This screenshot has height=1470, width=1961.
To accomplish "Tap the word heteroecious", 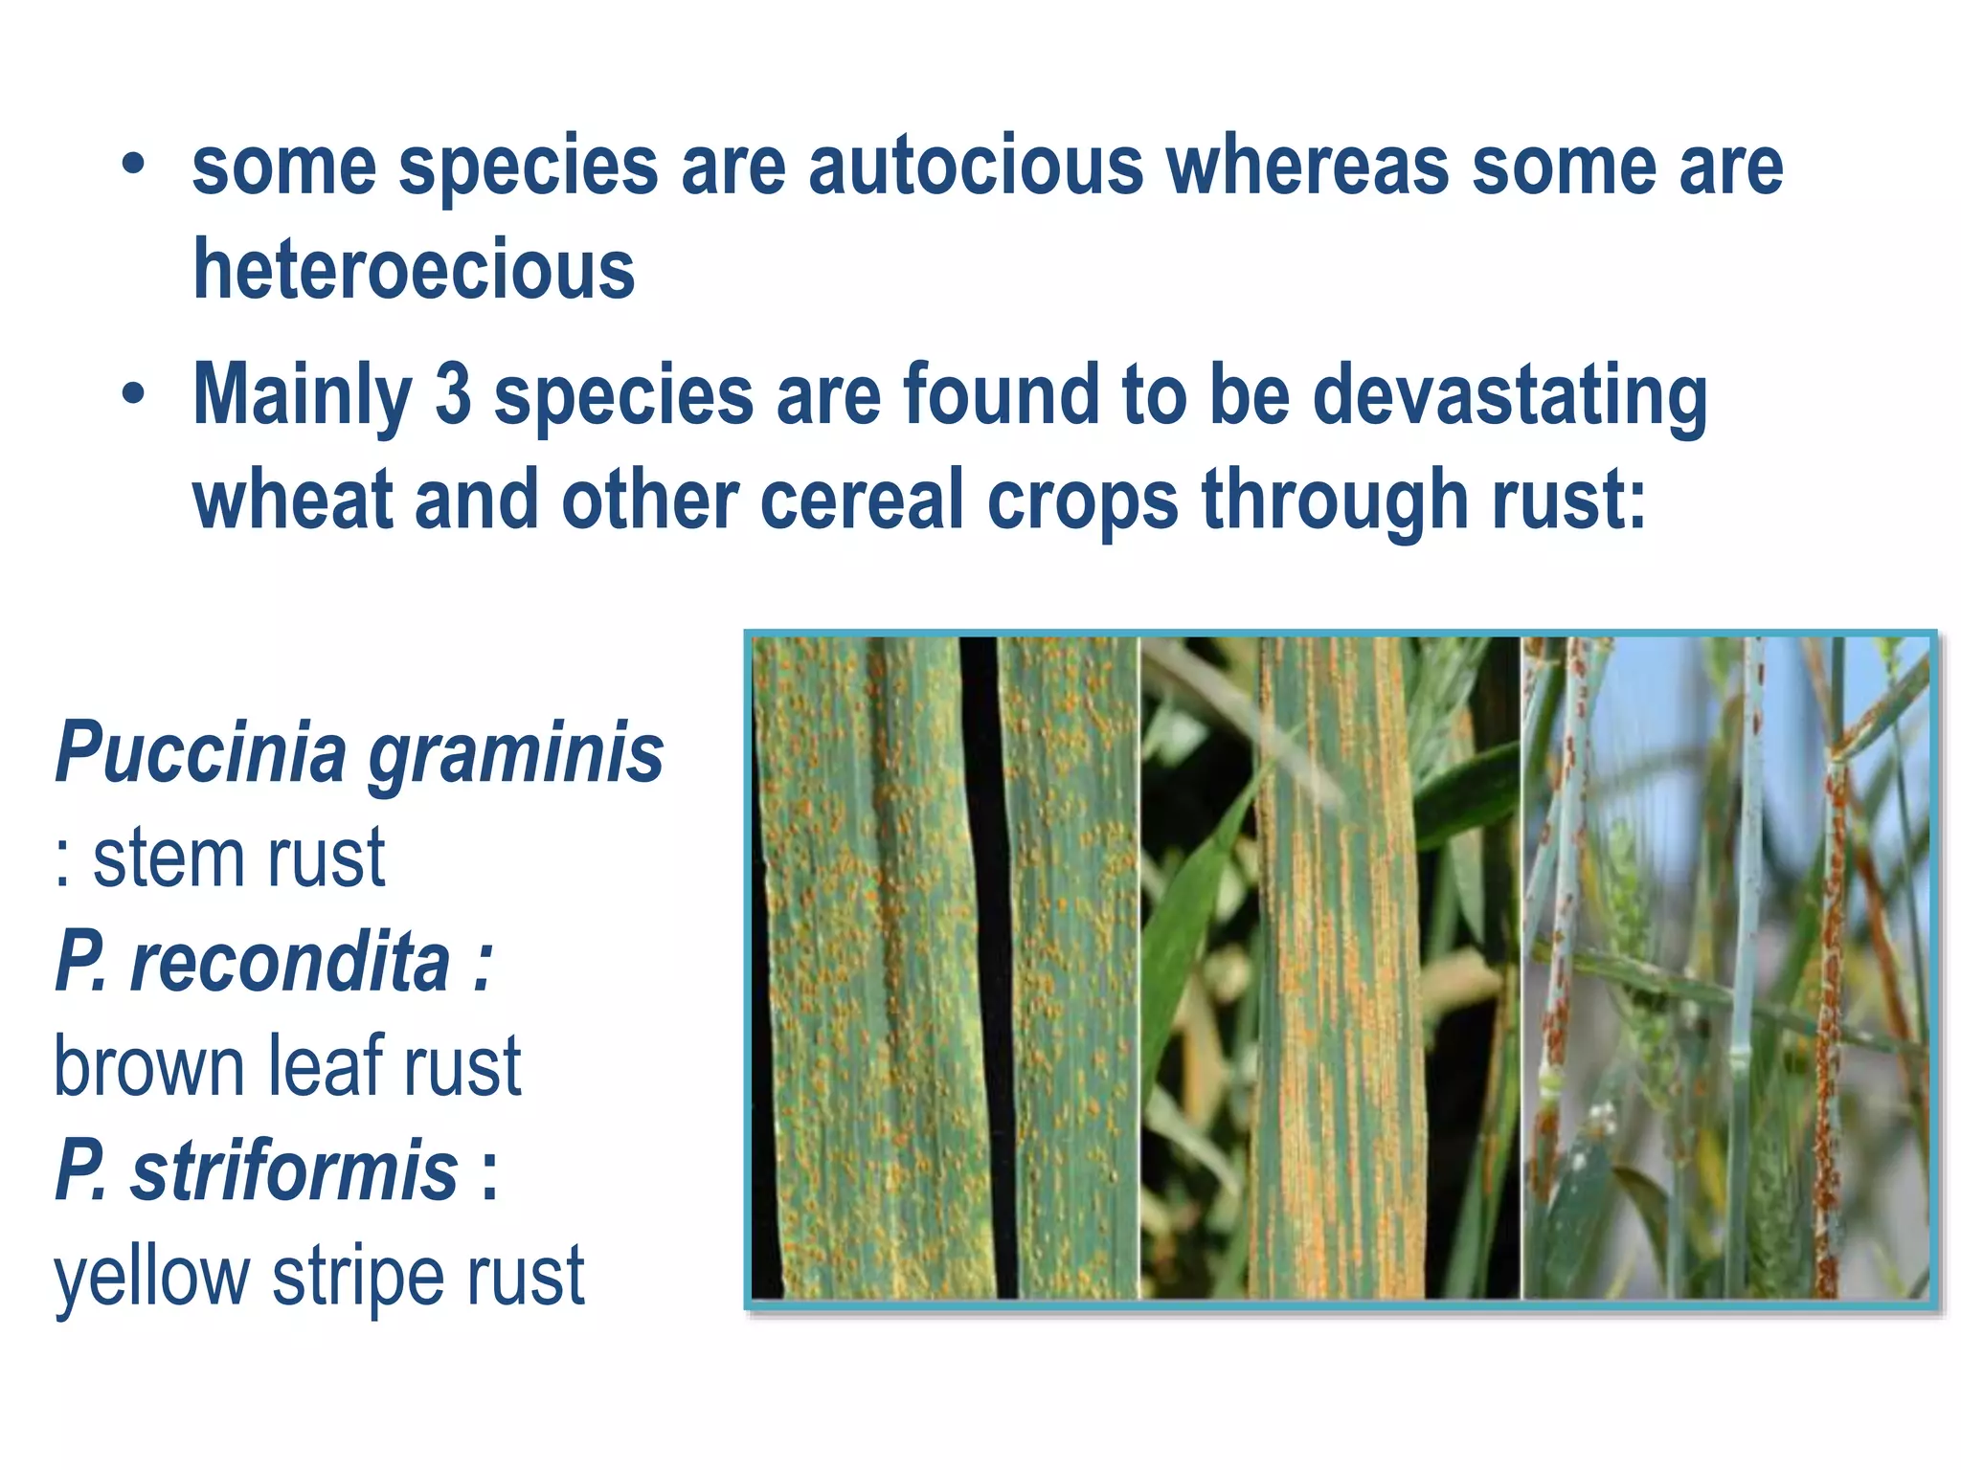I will (x=414, y=270).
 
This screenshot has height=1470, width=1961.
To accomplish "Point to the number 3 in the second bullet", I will (x=453, y=394).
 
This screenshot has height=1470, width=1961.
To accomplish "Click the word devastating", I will (x=1509, y=394).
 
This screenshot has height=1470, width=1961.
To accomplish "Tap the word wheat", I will (x=292, y=500).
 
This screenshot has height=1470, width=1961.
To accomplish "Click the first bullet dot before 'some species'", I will (x=133, y=166).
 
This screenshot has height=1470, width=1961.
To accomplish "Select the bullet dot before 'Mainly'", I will (x=133, y=394).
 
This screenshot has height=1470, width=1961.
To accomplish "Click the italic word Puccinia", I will (x=200, y=751).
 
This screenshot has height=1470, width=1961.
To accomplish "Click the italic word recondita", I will (x=289, y=962).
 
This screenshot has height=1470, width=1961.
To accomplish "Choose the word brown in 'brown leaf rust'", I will (x=148, y=1066).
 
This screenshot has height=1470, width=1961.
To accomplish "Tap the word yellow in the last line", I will (x=151, y=1278).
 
